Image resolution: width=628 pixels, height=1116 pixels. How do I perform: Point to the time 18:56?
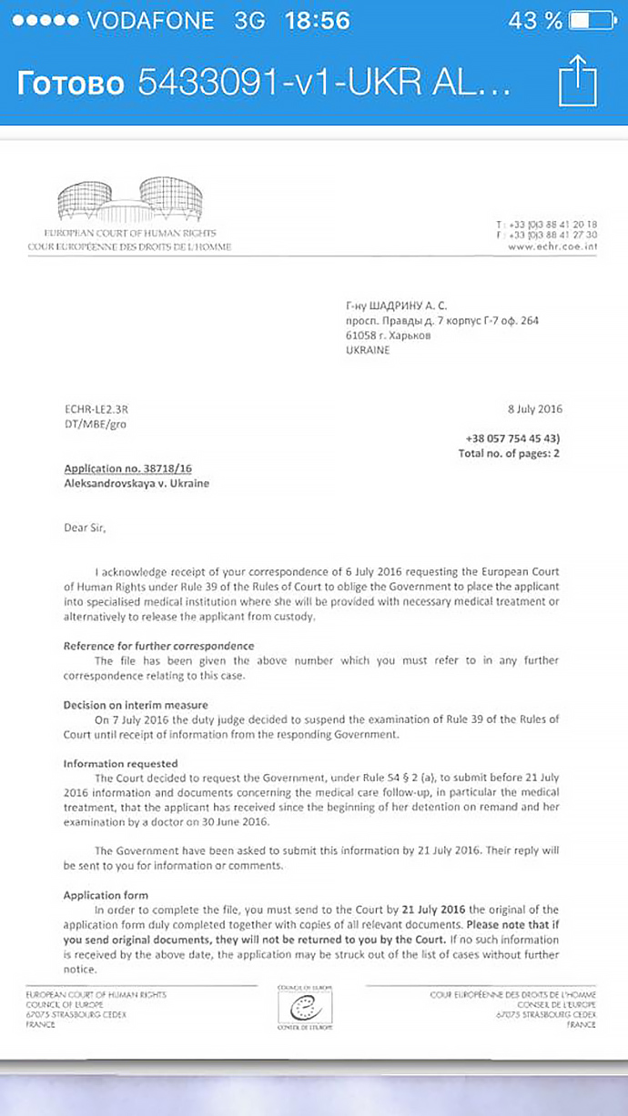(316, 21)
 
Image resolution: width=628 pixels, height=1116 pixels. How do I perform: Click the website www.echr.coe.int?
(552, 246)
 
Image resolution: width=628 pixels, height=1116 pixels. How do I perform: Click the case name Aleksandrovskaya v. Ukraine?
(136, 484)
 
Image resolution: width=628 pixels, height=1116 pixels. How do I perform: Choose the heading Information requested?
(120, 764)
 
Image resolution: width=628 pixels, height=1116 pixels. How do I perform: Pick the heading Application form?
(106, 896)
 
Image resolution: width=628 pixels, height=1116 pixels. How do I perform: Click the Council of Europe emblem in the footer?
(304, 1007)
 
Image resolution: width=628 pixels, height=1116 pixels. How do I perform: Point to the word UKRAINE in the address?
(367, 350)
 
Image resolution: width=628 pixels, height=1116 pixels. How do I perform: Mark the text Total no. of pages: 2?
(509, 453)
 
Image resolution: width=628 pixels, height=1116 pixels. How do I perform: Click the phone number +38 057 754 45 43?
(512, 438)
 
